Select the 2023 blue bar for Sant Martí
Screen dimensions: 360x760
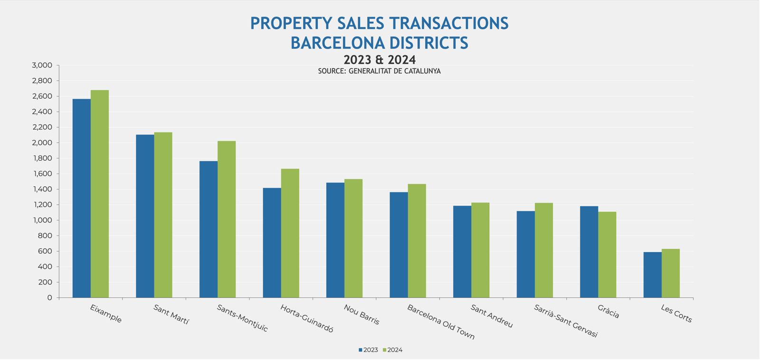(145, 216)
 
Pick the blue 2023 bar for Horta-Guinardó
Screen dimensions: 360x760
(272, 243)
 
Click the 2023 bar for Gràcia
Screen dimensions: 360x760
(589, 252)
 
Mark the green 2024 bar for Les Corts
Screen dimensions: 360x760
(670, 274)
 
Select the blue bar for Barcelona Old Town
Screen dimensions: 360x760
(399, 245)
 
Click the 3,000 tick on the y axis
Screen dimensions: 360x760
(42, 66)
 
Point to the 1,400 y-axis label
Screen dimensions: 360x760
(42, 189)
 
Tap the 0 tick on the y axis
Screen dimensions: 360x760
(49, 298)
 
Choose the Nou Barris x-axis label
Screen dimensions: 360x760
(361, 314)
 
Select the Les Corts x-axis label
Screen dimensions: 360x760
(676, 314)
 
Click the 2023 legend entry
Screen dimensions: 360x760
(368, 350)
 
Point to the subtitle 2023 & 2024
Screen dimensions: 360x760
(380, 60)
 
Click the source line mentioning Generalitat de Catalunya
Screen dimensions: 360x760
(380, 71)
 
